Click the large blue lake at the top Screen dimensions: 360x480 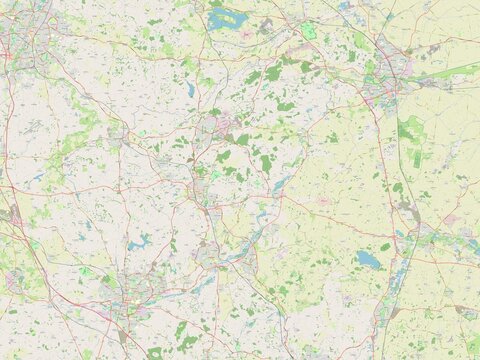tap(228, 18)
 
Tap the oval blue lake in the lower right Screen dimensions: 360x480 tap(369, 260)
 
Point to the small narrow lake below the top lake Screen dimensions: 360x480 tap(190, 90)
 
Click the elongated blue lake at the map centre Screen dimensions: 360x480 tap(281, 184)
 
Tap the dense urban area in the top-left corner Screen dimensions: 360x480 tap(16, 35)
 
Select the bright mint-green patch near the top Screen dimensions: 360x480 tap(309, 31)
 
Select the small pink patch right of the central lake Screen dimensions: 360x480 tap(323, 200)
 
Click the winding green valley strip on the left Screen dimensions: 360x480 tap(70, 140)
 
